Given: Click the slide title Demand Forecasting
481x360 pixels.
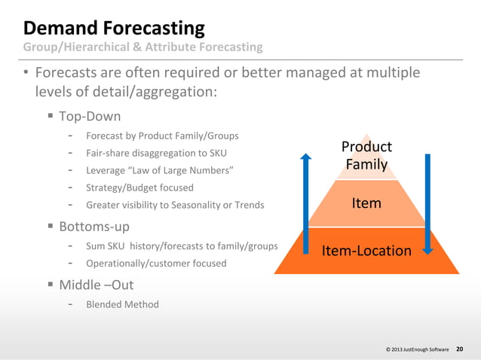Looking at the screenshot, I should click(114, 29).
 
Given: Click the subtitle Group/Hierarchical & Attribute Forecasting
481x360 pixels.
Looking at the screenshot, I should click(142, 47).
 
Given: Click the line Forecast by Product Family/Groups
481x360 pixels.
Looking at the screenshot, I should click(162, 136).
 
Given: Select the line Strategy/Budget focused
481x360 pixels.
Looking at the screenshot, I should click(139, 188).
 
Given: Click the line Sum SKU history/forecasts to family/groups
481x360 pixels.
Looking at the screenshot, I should click(182, 246).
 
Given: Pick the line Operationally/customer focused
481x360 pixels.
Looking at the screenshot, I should click(156, 264).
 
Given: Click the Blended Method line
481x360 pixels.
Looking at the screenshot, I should click(122, 305).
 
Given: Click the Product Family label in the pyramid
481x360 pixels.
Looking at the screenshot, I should click(366, 155).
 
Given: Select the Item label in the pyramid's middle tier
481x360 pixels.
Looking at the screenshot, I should click(366, 203).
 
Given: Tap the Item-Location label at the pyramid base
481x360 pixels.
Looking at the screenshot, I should click(366, 251).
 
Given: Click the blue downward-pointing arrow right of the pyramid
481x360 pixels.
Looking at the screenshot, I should click(427, 203).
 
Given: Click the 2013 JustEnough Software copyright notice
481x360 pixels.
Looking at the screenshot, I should click(417, 350).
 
